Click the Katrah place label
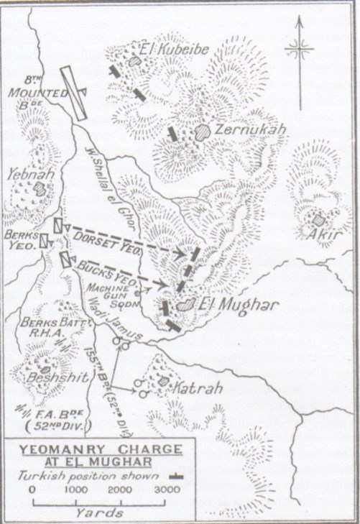(194, 388)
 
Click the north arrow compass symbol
(299, 49)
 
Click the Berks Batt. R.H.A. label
(45, 328)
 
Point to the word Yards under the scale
(99, 512)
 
